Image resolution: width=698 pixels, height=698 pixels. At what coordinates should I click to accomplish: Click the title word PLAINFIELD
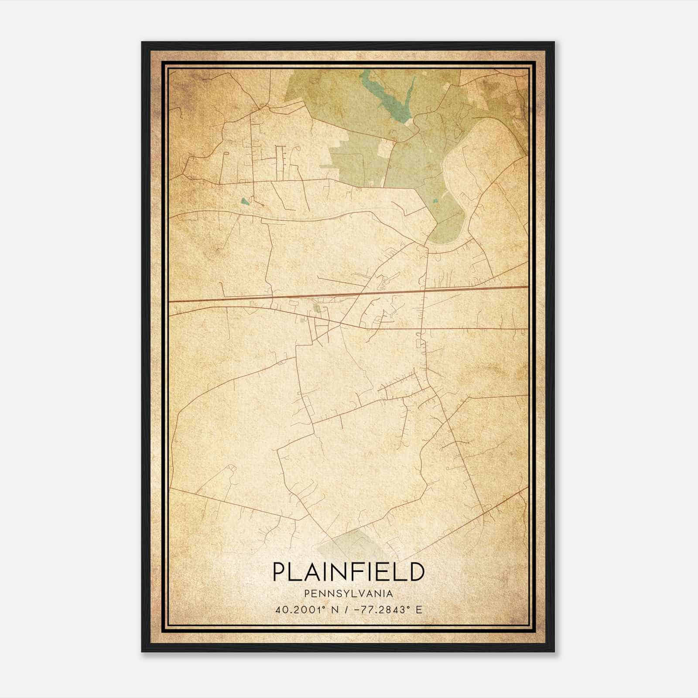349,571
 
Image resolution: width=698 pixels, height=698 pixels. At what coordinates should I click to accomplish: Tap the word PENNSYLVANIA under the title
349,594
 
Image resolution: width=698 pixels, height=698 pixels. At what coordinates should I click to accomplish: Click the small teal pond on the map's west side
244,202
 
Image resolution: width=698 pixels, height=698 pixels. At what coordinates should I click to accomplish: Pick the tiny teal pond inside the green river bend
435,201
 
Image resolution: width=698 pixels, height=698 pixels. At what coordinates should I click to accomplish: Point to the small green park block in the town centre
318,309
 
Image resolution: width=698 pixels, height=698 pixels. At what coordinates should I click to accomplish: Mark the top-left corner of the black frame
142,42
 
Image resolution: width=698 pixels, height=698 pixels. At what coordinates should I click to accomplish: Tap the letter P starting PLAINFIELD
279,571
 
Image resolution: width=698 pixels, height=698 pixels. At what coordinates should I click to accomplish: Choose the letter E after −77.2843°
419,610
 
